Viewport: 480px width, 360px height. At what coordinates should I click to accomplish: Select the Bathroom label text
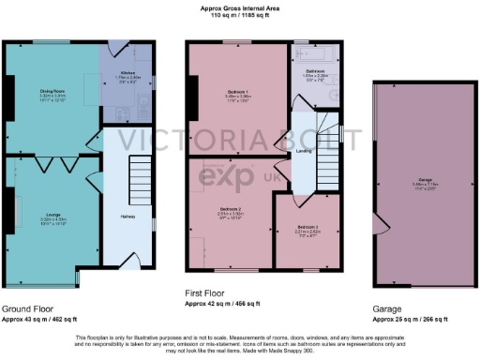click(x=314, y=71)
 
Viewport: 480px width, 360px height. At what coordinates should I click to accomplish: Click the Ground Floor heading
click(x=27, y=308)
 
